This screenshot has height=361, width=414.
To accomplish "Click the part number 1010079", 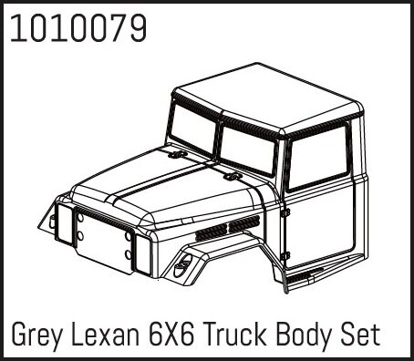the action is click(78, 28).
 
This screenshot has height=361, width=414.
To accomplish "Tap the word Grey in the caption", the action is click(36, 335).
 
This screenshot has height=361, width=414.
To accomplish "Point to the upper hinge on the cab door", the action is click(285, 212).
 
